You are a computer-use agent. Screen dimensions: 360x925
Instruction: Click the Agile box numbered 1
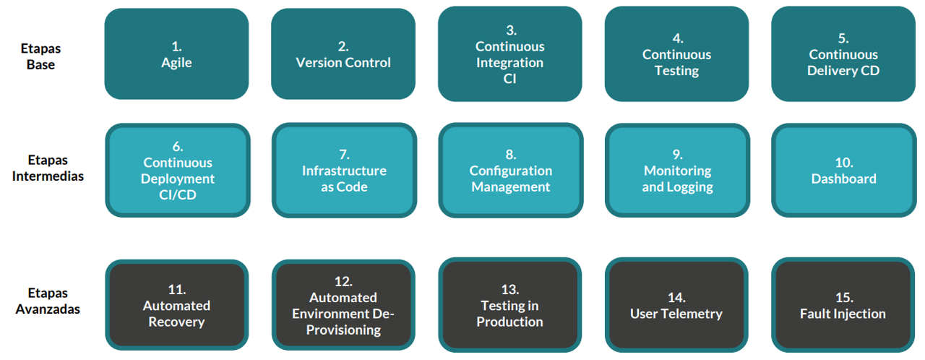pos(176,54)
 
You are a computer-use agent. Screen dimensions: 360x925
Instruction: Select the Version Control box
pos(343,54)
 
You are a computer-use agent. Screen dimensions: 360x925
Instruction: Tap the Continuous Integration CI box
pos(509,54)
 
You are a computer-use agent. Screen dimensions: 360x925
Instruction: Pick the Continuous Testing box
pos(676,54)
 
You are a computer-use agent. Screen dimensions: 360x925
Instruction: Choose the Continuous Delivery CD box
pos(843,54)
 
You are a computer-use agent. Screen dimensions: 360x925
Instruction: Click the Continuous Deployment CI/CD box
pos(178,171)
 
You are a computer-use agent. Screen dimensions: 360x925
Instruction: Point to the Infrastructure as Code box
pos(344,171)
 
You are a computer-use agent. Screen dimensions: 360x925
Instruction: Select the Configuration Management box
pos(510,171)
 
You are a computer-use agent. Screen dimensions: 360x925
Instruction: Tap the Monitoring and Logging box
pos(677,171)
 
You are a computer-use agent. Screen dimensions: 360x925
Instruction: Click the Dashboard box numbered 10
pos(843,171)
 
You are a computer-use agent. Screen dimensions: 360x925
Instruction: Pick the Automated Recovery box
pos(177,305)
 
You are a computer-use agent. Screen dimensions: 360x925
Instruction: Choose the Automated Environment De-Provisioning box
pos(344,305)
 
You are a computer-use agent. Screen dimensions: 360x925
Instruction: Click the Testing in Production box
pos(510,305)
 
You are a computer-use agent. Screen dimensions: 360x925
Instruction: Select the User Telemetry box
pos(676,305)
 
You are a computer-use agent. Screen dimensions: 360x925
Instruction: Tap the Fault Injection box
pos(843,305)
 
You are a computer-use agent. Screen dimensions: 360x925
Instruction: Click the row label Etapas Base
pos(41,56)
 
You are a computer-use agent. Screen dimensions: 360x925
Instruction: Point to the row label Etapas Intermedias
pos(48,168)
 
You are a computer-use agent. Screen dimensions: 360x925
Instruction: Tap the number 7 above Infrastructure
pos(344,155)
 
